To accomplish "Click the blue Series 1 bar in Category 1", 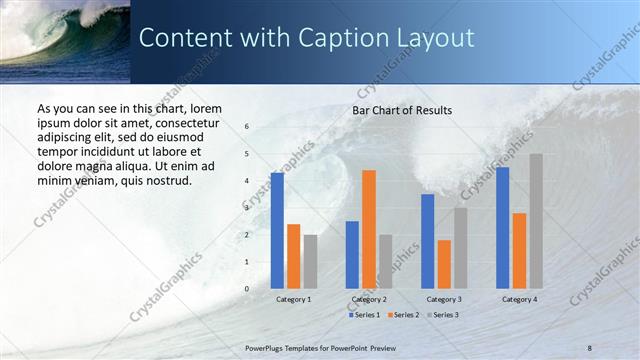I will [277, 231].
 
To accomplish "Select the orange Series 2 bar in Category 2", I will [369, 229].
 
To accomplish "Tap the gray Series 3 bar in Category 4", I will [536, 221].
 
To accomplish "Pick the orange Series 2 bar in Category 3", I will [444, 264].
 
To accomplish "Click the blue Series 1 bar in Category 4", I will [502, 228].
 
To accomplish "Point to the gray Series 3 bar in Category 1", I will [310, 261].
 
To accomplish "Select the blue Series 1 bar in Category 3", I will [427, 241].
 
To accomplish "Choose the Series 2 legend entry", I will [403, 315].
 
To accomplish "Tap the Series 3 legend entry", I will [441, 315].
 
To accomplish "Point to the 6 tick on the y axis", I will [247, 127].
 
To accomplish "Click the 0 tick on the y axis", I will [247, 289].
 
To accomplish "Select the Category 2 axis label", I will [369, 299].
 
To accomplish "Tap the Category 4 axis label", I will [519, 299].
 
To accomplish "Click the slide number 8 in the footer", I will [590, 347].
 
